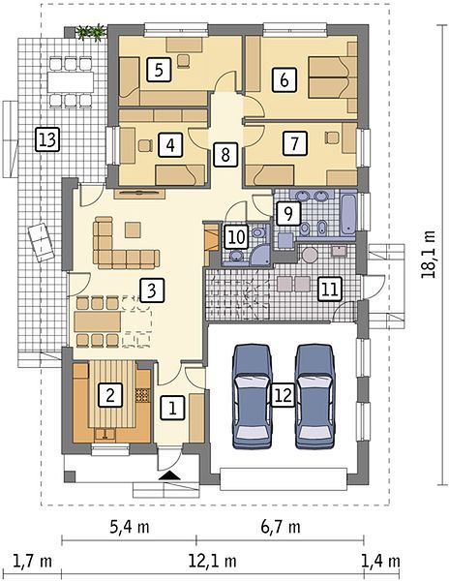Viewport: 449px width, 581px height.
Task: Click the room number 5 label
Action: coord(159,70)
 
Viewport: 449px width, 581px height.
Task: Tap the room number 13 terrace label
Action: coord(47,139)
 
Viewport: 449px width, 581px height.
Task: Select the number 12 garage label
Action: coord(284,395)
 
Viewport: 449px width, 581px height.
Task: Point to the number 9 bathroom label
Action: coord(288,213)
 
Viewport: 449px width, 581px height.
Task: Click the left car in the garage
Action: coord(252,396)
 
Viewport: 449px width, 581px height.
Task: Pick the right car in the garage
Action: coord(315,396)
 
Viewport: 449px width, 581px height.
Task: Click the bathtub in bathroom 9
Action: coord(348,213)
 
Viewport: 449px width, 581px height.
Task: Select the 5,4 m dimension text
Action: coord(130,527)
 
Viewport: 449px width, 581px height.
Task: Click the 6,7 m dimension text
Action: coord(281,527)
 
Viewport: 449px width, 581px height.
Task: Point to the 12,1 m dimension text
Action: coord(213,561)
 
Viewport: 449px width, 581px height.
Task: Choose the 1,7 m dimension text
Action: coord(33,561)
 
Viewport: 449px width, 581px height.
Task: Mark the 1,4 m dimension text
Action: coord(381,561)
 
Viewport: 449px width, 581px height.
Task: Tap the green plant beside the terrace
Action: coord(91,32)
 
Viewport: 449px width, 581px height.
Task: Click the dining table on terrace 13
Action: coord(70,82)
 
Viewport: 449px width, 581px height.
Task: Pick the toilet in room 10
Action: coord(258,233)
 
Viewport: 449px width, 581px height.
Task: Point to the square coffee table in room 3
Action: coord(133,229)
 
